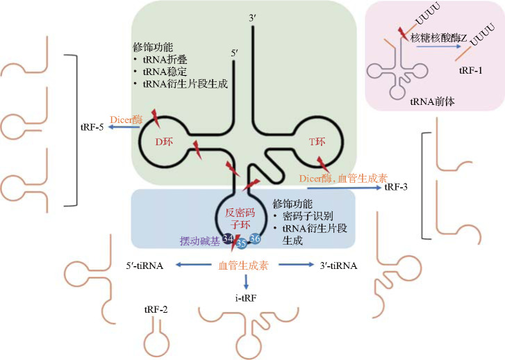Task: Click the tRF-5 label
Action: [x=92, y=127]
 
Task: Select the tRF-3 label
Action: [x=396, y=187]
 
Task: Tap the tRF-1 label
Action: [x=470, y=70]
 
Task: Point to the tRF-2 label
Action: [x=156, y=310]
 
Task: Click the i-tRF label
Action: [x=246, y=298]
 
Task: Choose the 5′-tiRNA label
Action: [x=144, y=265]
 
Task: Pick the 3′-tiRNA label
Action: [x=338, y=265]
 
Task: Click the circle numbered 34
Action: [x=228, y=238]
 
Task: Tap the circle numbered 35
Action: [x=241, y=243]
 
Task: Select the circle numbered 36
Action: [x=255, y=238]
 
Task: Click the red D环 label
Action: [x=164, y=142]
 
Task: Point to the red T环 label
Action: [x=317, y=142]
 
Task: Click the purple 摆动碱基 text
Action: [x=200, y=241]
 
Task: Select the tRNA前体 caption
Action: [x=432, y=102]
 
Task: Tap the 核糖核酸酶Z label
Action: [x=438, y=38]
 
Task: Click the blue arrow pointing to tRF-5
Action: [x=124, y=127]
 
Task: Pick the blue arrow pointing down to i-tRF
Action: [x=246, y=282]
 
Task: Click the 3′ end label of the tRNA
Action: [x=253, y=18]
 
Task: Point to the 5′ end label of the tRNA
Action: [x=235, y=54]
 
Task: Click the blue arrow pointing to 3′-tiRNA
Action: [x=296, y=265]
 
